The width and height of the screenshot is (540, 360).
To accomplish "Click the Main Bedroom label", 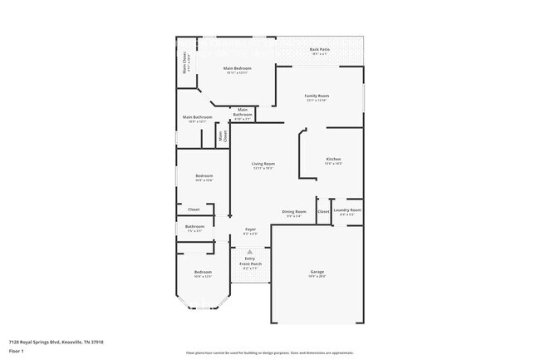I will [x=238, y=69].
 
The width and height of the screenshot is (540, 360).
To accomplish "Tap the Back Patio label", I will [x=319, y=49].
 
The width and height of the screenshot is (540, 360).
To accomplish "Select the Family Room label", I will [x=317, y=96].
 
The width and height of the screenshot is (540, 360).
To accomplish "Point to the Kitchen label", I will [x=333, y=159].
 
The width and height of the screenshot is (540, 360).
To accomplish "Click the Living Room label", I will [x=263, y=164].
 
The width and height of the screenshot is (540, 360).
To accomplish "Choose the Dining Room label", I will [x=294, y=212].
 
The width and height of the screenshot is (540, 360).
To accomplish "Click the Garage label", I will [x=317, y=274].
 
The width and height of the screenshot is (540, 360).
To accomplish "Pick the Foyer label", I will [x=250, y=229].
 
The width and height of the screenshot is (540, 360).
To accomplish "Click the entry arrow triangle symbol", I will [x=249, y=250].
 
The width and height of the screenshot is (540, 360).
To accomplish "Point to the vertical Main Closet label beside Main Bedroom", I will [x=184, y=63].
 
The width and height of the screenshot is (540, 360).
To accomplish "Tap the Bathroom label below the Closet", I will [x=195, y=227].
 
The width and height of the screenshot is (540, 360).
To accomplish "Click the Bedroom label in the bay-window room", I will [x=204, y=273].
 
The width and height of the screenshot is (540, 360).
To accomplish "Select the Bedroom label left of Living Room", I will [x=204, y=176].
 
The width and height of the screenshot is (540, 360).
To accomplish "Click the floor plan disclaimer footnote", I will [x=270, y=353].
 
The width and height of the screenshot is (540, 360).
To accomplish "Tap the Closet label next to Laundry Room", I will [x=323, y=211].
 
